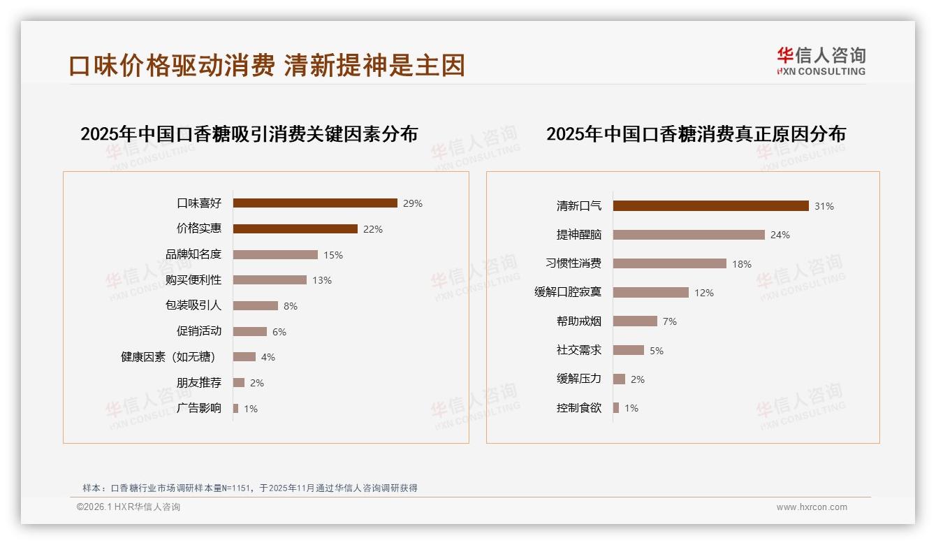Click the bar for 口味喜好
pos(315,203)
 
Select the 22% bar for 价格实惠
pos(295,229)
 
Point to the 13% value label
pos(322,280)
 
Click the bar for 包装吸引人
pos(256,306)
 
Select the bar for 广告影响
pos(236,408)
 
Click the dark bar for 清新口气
pos(710,206)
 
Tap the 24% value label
pos(780,235)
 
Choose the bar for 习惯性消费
pos(670,263)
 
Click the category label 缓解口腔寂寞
pos(568,293)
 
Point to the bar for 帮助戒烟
pos(635,321)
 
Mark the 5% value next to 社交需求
pos(657,351)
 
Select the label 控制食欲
pos(579,408)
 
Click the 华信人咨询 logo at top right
pos(821,61)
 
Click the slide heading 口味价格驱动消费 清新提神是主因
pos(267,66)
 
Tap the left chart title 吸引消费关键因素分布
pos(249,133)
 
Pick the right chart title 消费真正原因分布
pos(696,133)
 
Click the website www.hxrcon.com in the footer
pos(812,507)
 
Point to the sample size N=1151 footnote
pos(249,488)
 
